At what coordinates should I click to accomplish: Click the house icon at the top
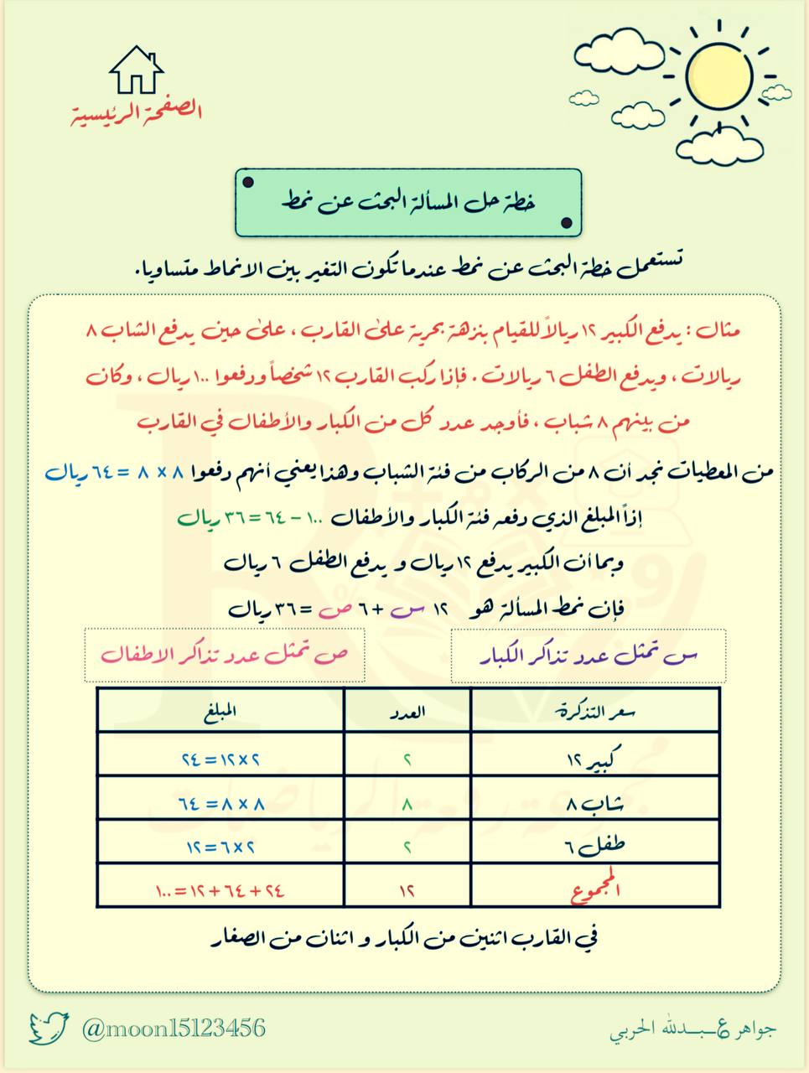[135, 70]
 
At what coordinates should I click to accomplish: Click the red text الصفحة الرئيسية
[136, 111]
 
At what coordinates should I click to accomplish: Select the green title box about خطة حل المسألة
[408, 202]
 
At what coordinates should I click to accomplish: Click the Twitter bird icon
[49, 1028]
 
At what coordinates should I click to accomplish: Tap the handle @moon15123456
[174, 1028]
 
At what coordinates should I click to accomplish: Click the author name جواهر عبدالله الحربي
[692, 1029]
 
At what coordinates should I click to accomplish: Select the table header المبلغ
[220, 711]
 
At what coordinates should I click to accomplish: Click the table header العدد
[407, 711]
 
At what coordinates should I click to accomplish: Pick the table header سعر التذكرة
[596, 711]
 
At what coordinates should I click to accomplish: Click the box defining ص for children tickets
[226, 655]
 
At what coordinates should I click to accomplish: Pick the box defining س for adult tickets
[588, 656]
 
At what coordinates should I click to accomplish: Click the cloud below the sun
[720, 144]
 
